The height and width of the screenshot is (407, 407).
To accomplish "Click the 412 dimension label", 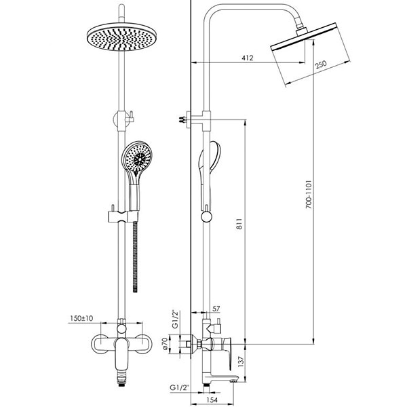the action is click(x=247, y=58).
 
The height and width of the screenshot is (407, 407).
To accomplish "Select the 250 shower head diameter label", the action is click(x=321, y=64).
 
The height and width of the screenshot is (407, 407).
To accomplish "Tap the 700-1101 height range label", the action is click(x=308, y=194).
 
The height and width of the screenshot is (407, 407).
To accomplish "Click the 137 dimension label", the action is click(x=241, y=362).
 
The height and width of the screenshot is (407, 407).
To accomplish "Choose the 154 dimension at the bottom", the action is click(x=212, y=400).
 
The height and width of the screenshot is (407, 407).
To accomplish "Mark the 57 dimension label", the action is click(x=216, y=309).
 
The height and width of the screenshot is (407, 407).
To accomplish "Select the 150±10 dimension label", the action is click(x=81, y=318).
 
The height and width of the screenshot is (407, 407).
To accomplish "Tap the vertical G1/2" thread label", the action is click(x=176, y=319).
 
